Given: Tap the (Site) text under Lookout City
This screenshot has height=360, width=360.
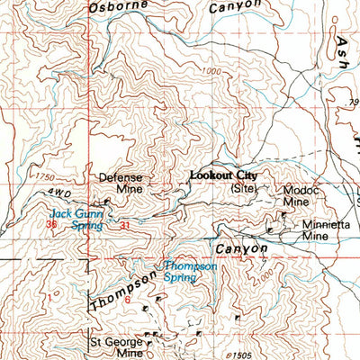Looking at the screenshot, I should [244, 189].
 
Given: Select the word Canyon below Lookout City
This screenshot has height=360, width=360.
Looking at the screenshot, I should [241, 248].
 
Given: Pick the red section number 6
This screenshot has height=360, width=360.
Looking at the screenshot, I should [128, 300].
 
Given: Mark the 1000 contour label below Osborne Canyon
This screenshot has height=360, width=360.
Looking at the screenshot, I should [211, 72].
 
